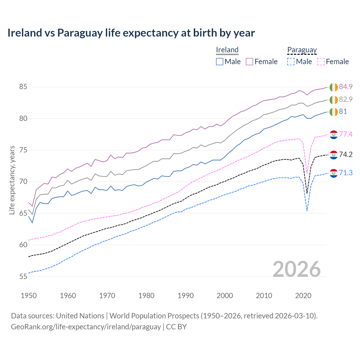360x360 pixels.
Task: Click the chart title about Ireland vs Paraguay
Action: coord(131,33)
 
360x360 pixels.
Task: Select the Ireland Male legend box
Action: coord(220,62)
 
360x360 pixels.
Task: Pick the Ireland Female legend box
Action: coord(249,62)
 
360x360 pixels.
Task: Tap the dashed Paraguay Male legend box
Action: coord(291,62)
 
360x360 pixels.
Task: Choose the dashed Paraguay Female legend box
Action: coord(321,62)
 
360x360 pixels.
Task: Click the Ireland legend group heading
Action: coord(227,50)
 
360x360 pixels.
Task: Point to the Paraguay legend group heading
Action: coord(302,50)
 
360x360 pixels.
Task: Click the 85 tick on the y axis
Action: coord(23,87)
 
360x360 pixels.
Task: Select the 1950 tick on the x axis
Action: coord(29,296)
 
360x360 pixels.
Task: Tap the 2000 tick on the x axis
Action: coord(225,296)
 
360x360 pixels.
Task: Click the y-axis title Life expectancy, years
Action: coord(12,180)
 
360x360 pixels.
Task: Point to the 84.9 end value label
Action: coord(346,87)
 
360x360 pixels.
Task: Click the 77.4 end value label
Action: coord(346,134)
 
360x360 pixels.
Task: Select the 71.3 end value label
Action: coord(346,173)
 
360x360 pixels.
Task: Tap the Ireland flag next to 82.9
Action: coord(334,100)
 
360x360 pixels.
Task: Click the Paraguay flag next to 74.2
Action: coord(334,155)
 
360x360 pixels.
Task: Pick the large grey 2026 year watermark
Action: coord(297,269)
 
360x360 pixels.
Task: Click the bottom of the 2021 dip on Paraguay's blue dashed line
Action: coord(307,211)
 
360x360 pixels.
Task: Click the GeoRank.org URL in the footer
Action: coord(86,327)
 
